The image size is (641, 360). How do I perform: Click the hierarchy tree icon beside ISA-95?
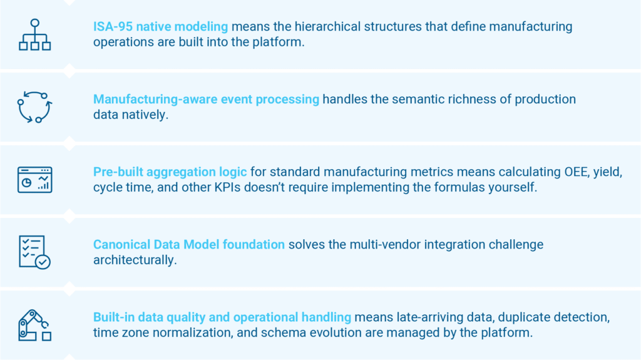[x=35, y=35]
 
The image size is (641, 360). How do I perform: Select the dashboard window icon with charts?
[x=35, y=180]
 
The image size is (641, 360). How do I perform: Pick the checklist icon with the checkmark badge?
[x=35, y=252]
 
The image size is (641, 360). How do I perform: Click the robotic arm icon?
[x=35, y=325]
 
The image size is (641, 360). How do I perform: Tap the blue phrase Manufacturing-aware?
[x=155, y=100]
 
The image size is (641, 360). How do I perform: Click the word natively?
[x=149, y=115]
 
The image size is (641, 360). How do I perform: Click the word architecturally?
[x=135, y=260]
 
